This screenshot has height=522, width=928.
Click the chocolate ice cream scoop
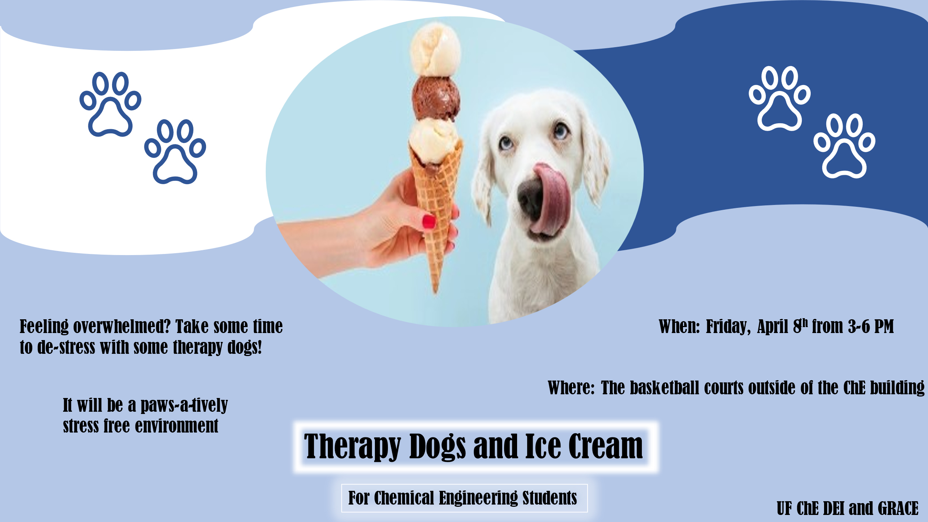[436, 98]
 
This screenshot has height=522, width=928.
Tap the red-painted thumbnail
[429, 222]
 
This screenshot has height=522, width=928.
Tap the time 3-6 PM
[871, 327]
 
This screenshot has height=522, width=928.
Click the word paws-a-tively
[184, 405]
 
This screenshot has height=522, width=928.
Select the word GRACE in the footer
[898, 508]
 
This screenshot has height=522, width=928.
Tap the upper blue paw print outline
[110, 104]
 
